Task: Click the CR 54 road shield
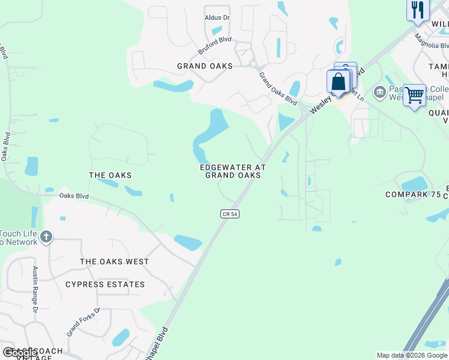click(229, 214)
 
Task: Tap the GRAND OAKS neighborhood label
click(205, 66)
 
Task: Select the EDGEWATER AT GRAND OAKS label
click(233, 171)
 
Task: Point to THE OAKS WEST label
click(115, 262)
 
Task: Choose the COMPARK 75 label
click(412, 195)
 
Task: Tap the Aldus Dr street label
click(217, 18)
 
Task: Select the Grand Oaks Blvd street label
click(278, 89)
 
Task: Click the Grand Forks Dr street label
click(83, 322)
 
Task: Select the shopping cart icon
click(414, 94)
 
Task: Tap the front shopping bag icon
click(338, 81)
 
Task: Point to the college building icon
click(379, 92)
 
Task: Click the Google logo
click(20, 353)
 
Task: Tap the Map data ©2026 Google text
click(411, 355)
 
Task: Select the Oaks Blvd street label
click(74, 196)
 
